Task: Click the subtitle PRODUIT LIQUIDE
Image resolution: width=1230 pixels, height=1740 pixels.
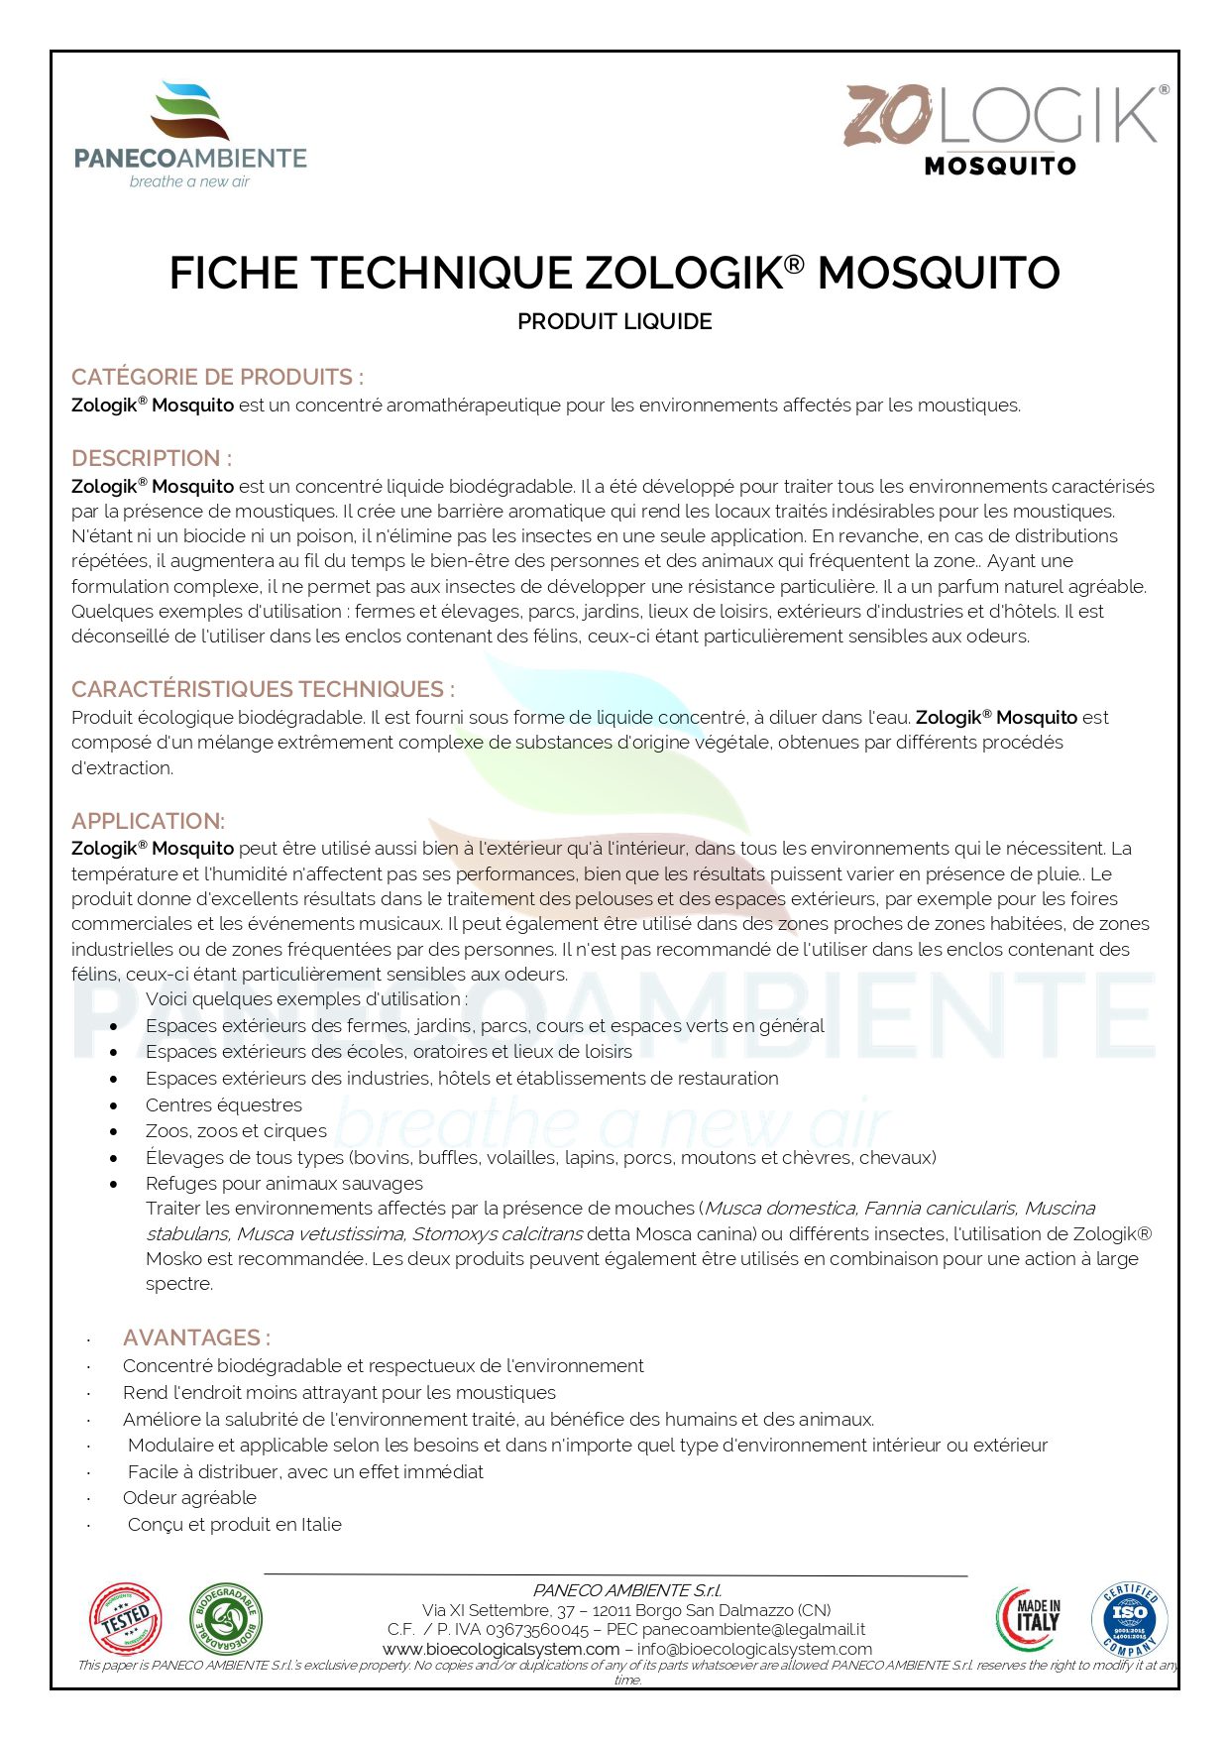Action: [x=615, y=322]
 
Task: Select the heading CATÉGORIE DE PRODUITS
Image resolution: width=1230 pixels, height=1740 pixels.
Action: [x=217, y=378]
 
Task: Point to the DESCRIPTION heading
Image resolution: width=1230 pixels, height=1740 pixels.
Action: [x=152, y=459]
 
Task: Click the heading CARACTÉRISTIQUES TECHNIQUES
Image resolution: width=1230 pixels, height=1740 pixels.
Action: [x=263, y=690]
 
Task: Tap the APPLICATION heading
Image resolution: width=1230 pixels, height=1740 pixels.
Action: [x=148, y=822]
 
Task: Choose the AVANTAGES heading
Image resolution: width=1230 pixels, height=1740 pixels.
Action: [x=196, y=1338]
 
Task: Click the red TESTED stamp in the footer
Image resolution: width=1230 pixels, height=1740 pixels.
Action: [x=126, y=1619]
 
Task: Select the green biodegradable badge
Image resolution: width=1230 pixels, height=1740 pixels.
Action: [x=227, y=1619]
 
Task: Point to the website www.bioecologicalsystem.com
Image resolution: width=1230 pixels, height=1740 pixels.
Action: [x=502, y=1649]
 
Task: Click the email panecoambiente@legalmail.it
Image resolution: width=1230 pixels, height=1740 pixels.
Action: [x=753, y=1630]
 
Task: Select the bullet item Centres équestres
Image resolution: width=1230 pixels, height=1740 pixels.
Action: [x=224, y=1105]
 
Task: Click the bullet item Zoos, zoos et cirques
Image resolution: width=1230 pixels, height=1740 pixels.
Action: [x=236, y=1131]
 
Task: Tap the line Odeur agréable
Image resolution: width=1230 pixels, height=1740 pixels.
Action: [x=189, y=1498]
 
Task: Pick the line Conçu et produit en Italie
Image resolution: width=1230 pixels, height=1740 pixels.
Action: [x=235, y=1525]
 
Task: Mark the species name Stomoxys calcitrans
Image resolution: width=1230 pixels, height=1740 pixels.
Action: [x=498, y=1234]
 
